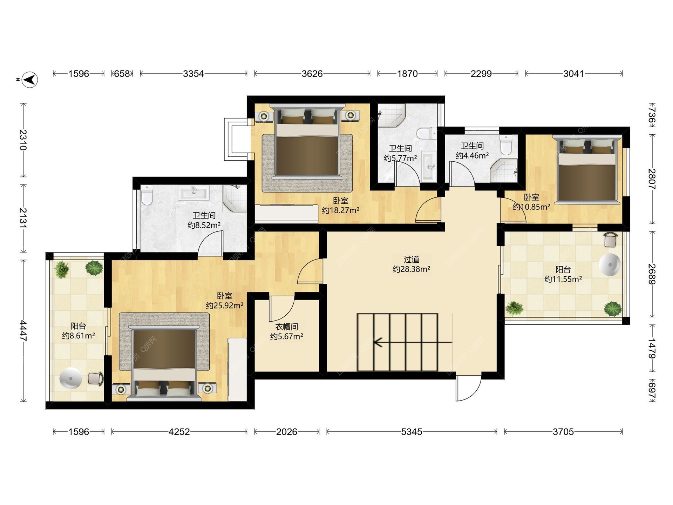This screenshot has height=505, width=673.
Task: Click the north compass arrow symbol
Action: point(30,80)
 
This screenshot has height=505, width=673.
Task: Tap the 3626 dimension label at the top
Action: point(312,74)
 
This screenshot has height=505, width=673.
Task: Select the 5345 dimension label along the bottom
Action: point(412,432)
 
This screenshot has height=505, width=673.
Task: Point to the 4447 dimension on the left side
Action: point(23,331)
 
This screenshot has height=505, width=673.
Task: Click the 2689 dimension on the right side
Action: point(652,274)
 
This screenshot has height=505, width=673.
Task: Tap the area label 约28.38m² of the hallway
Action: point(412,269)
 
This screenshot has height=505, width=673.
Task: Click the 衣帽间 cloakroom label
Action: point(286,327)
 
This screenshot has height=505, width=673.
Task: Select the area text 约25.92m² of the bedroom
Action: point(225,305)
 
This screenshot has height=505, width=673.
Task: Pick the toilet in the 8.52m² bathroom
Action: point(147,195)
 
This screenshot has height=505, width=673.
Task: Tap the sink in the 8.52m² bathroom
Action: point(193,193)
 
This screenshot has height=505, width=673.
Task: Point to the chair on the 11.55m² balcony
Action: point(611,240)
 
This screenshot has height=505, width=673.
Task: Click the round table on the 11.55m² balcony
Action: point(610,264)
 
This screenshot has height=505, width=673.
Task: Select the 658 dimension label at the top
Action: point(122,74)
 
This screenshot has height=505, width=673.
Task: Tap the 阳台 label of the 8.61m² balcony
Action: point(78,326)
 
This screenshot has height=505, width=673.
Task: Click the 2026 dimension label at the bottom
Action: point(286,432)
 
